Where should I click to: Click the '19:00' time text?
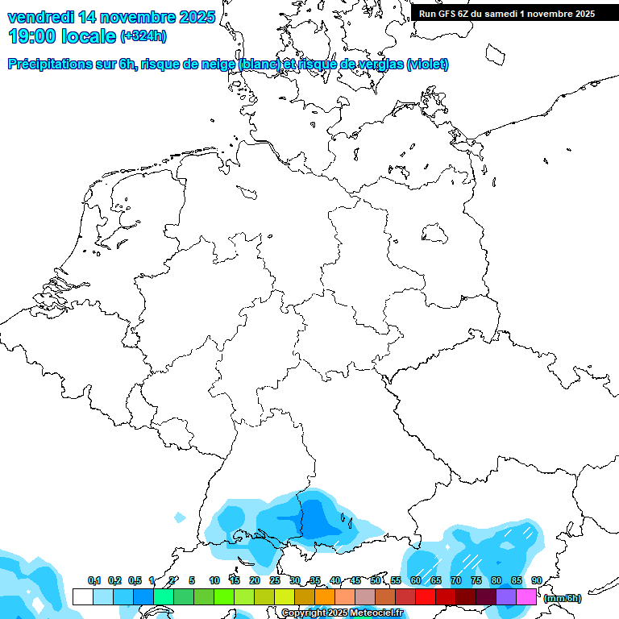(x=32, y=35)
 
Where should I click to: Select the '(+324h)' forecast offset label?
(x=143, y=35)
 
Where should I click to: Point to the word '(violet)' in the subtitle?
(x=427, y=64)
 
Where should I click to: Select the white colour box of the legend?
(x=82, y=596)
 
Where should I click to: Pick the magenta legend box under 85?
(x=526, y=596)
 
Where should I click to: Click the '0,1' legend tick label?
(x=93, y=580)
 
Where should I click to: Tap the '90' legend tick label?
(x=536, y=580)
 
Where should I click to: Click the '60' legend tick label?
(x=415, y=580)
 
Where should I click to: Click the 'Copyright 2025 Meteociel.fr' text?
(x=342, y=613)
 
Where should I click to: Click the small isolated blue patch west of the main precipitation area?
(x=180, y=517)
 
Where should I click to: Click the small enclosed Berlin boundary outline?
(x=434, y=234)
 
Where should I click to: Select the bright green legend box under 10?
(x=224, y=596)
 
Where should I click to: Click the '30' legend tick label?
(x=295, y=580)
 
